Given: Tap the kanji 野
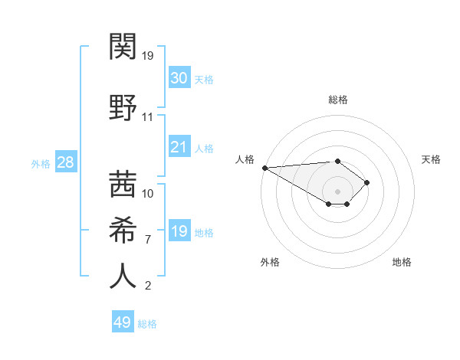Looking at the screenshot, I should (123, 106).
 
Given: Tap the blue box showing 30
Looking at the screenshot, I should (179, 78).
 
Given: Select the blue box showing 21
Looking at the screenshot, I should (179, 147).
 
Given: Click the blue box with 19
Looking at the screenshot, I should (179, 231).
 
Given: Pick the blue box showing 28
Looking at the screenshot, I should (65, 162).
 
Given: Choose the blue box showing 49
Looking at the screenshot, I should (123, 322).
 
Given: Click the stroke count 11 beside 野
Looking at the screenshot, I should (147, 117).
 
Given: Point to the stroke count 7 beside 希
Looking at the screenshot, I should (147, 240).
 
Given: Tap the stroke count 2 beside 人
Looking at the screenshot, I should (147, 286).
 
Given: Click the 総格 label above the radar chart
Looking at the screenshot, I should (337, 100).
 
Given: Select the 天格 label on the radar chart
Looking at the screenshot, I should (431, 159).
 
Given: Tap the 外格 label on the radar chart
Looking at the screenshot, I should (270, 262).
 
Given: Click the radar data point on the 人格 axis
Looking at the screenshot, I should (264, 167).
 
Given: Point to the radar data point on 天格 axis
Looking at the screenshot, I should (367, 182).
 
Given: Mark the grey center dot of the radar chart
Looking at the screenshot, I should (337, 191).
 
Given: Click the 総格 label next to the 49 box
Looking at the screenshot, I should (147, 323).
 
